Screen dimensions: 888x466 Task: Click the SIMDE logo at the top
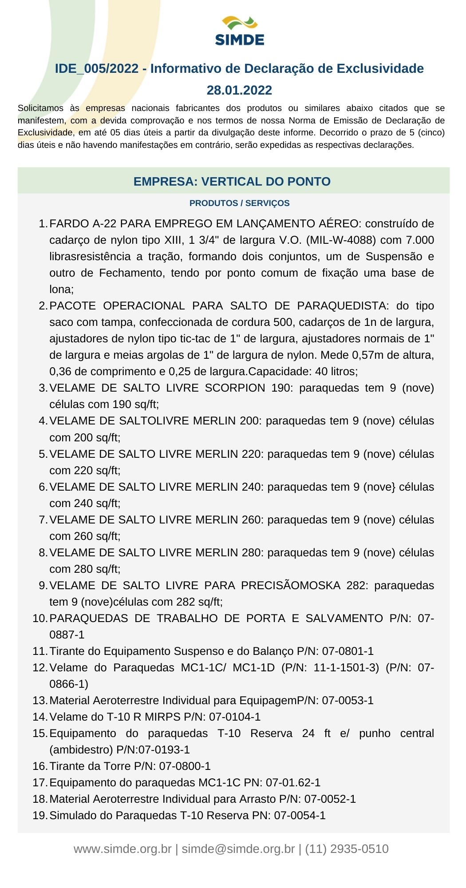(x=240, y=31)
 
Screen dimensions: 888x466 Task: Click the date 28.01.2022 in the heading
(x=239, y=90)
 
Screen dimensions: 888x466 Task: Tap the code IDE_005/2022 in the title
(x=97, y=69)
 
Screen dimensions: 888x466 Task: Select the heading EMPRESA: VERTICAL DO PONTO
(x=232, y=182)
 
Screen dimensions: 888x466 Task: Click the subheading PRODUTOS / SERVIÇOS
(x=239, y=203)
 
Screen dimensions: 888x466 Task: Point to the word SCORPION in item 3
(x=235, y=388)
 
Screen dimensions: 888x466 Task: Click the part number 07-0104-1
(x=235, y=717)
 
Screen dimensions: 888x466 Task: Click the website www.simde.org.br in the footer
(x=122, y=849)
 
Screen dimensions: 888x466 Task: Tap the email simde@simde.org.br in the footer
(x=238, y=849)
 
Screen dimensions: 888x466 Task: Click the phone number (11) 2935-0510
(x=347, y=849)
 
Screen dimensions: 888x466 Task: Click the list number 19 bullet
(x=39, y=816)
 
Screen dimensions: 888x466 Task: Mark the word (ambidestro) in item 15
(x=81, y=750)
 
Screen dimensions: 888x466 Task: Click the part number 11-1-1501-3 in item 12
(x=346, y=668)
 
